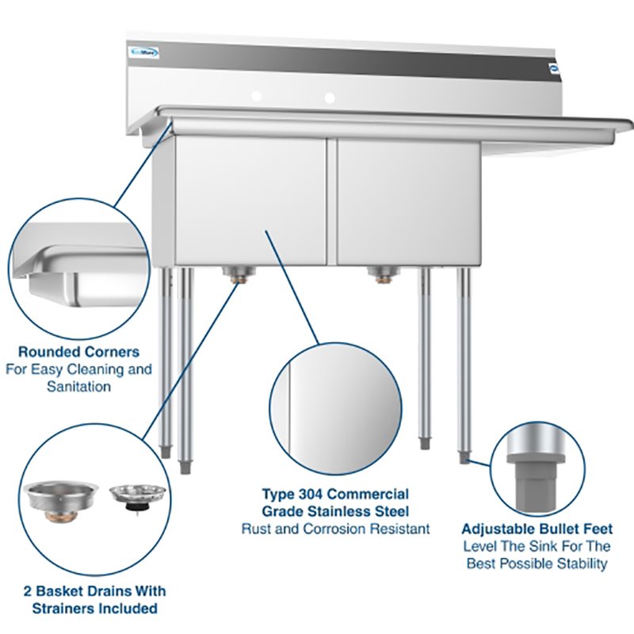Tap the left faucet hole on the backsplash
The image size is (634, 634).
tap(256, 96)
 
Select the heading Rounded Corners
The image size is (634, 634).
tap(78, 351)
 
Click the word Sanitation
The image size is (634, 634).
tap(78, 388)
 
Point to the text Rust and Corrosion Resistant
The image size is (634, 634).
tap(335, 528)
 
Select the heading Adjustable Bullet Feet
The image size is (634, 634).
tap(537, 529)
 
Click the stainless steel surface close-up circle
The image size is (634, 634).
tap(335, 408)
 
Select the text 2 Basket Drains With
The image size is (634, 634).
tap(94, 591)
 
